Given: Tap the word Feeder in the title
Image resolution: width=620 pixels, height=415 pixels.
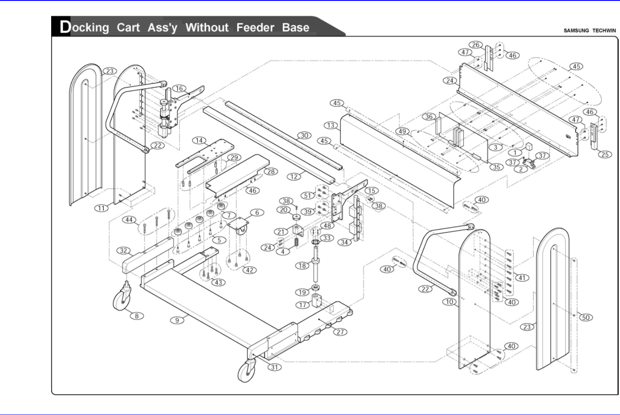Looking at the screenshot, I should click(255, 27).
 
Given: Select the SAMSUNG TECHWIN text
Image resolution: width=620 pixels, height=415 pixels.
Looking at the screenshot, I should click(590, 30).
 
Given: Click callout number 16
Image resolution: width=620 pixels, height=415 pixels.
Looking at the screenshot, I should click(179, 88).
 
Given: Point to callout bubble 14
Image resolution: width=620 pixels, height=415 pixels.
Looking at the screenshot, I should click(199, 140).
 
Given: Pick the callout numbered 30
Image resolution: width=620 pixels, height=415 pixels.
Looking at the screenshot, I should click(304, 136).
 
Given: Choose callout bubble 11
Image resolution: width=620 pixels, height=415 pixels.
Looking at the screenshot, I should click(102, 208).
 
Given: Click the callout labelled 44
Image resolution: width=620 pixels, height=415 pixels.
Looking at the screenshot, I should click(129, 219).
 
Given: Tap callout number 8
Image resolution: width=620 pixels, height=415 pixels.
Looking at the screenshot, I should click(137, 316).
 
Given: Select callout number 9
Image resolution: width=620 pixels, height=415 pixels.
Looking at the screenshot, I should click(177, 320).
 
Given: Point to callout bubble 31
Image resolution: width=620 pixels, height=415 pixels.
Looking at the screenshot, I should click(275, 367).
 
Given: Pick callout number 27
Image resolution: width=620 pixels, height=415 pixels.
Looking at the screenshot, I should click(340, 332).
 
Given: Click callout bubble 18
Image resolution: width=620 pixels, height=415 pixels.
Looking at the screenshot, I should click(302, 265).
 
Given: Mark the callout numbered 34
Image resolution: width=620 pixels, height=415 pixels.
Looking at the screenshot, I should click(344, 242).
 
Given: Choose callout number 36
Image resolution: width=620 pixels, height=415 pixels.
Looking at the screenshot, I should click(429, 117).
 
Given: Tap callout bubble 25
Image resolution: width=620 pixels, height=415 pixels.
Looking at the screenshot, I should click(605, 154).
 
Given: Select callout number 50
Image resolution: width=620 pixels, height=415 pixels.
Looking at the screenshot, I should click(586, 317).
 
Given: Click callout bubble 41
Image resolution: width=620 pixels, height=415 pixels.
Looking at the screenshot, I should click(522, 278).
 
